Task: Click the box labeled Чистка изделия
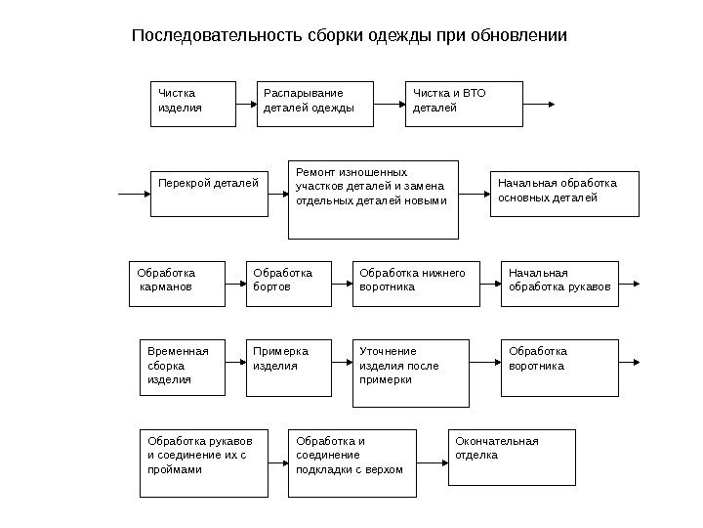click(193, 104)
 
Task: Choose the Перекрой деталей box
click(208, 192)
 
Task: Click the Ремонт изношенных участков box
click(373, 198)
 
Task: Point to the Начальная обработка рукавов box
click(560, 284)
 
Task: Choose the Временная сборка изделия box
click(183, 367)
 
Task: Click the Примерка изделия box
click(282, 367)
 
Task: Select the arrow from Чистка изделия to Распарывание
click(246, 104)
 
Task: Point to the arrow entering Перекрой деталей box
click(134, 194)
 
